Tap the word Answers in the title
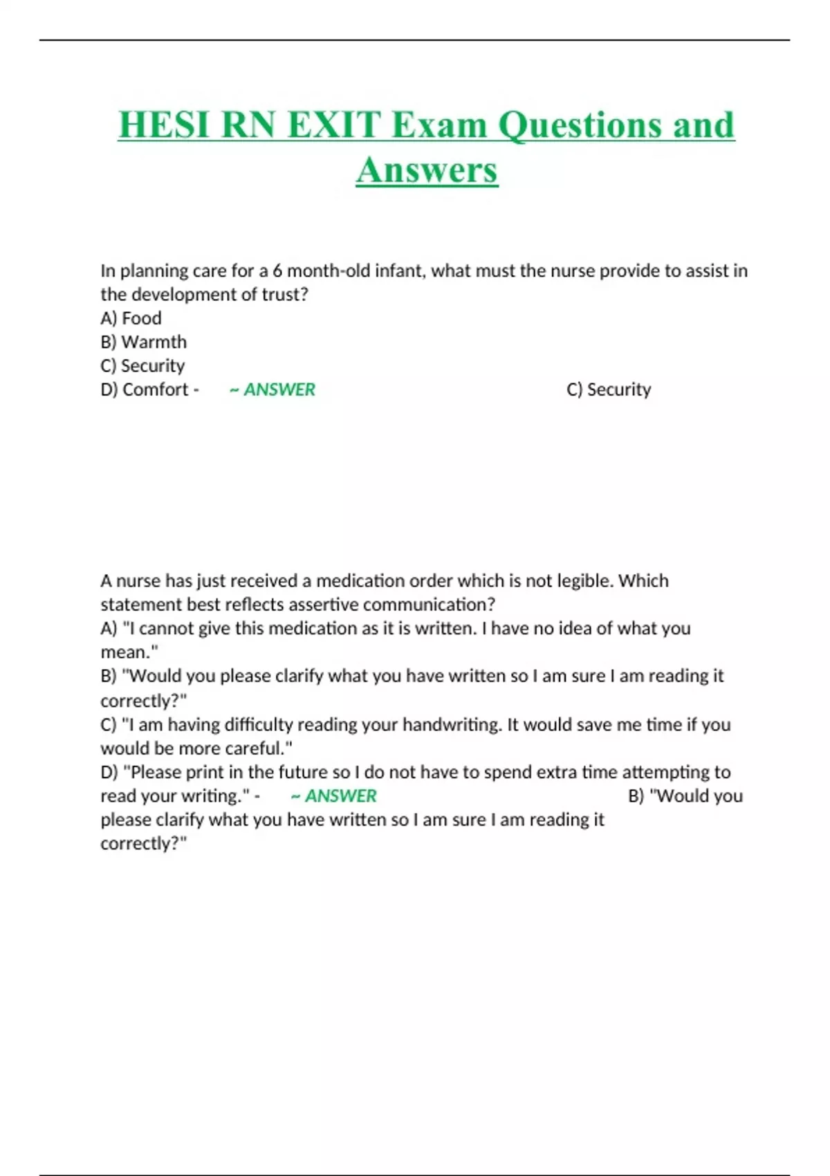pos(427,170)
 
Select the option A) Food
pos(131,318)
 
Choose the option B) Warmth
pos(144,342)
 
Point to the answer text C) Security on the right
pos(609,389)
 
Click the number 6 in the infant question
pos(277,270)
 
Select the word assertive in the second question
pos(323,605)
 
